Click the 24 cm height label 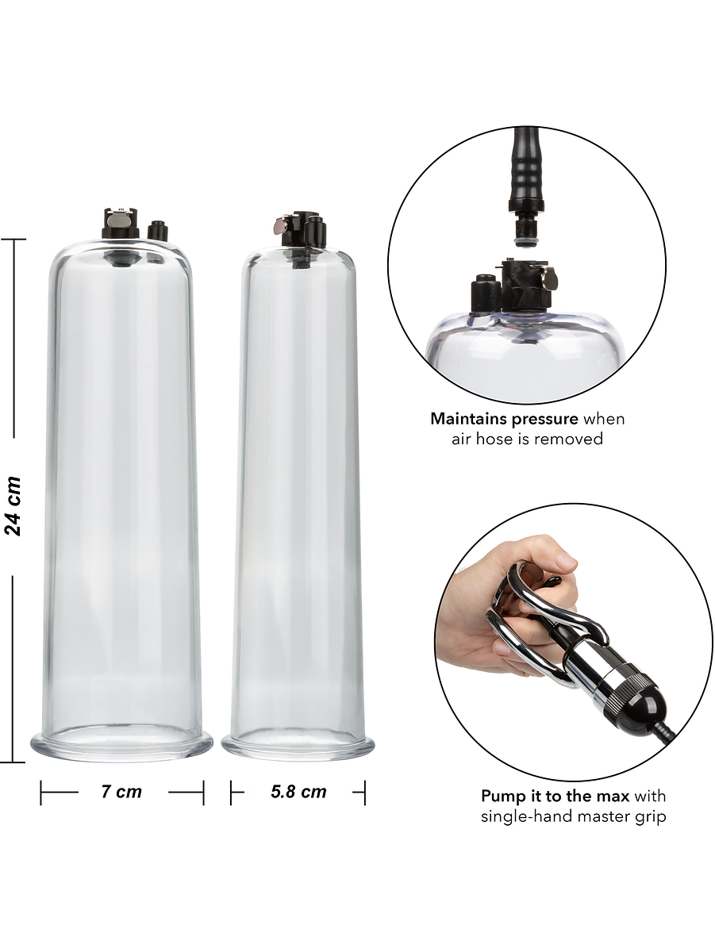coord(12,505)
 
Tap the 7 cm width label coord(122,792)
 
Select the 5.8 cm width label coord(298,792)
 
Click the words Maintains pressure coord(504,419)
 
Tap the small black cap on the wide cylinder coord(156,231)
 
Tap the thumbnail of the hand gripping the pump coord(567,562)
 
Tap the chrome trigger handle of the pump coord(547,618)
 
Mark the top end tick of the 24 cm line coord(13,239)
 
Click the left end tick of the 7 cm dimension coord(41,793)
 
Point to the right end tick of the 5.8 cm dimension coord(364,793)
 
